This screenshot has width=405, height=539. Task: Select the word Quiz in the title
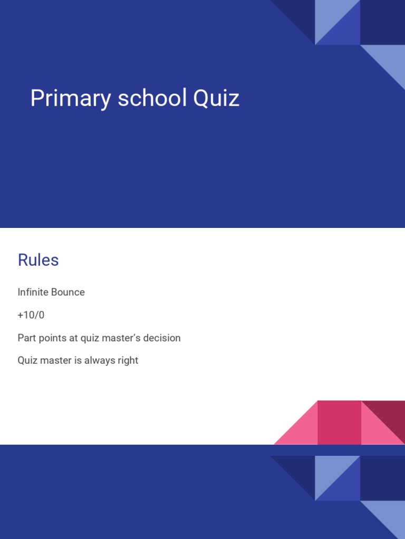point(216,99)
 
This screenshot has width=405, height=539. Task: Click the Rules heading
point(38,260)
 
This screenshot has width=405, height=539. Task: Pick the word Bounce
point(68,292)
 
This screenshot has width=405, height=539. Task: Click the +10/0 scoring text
point(31,315)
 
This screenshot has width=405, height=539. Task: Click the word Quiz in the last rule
point(27,361)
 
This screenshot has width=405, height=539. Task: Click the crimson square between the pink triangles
point(339,422)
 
